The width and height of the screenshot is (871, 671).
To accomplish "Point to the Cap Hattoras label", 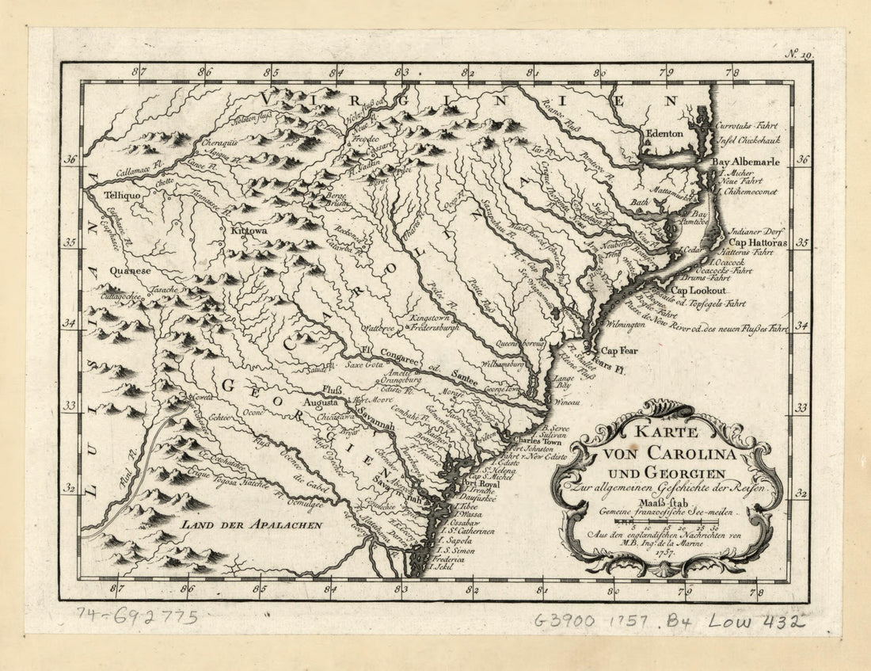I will point(758,242).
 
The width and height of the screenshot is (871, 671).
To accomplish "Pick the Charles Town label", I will point(535,442).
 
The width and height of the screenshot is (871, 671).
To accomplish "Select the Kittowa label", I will point(249,231).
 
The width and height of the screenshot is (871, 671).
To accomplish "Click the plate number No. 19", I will point(799,54).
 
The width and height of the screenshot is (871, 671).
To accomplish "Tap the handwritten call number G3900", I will point(568,621).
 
